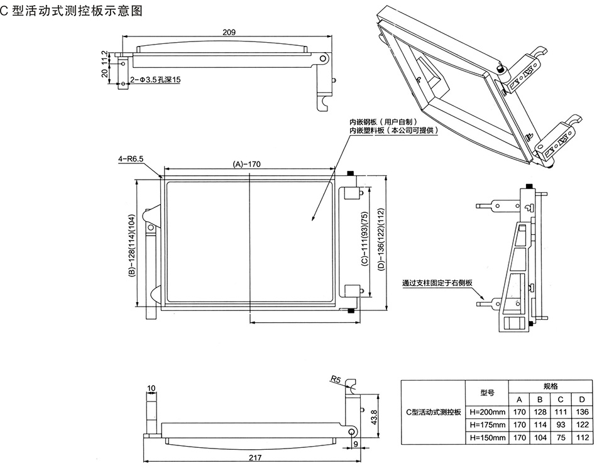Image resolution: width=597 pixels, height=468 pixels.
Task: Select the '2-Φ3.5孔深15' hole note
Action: [155, 80]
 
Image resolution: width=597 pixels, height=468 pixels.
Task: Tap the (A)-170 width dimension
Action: [247, 164]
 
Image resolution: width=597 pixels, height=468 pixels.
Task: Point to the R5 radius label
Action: [335, 379]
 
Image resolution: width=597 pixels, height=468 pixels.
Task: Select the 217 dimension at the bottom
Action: [255, 458]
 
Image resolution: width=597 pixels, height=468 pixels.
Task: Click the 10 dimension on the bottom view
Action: [151, 388]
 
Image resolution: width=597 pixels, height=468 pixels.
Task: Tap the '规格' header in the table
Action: [550, 386]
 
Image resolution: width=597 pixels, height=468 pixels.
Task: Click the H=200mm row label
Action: [487, 412]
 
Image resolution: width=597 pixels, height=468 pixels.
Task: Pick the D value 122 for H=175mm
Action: [581, 425]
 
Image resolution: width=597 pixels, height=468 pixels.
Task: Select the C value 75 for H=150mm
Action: [561, 437]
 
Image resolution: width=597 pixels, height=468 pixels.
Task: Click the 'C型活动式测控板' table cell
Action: [434, 412]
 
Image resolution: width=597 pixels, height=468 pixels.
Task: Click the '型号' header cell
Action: [487, 393]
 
